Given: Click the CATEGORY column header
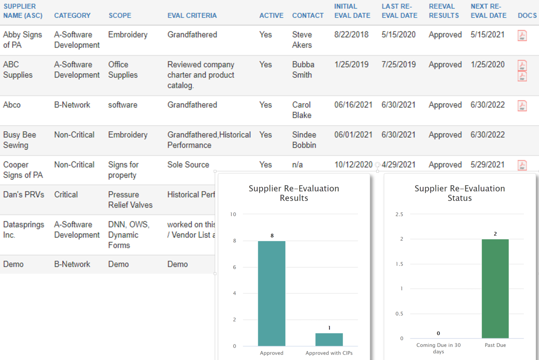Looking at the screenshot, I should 72,15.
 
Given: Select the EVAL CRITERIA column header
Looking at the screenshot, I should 192,15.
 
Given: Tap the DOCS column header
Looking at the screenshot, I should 527,15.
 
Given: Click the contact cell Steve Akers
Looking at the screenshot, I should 302,40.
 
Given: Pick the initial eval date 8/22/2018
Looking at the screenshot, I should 351,35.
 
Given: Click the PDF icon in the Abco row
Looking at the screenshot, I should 523,106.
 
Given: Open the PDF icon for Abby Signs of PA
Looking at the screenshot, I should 523,36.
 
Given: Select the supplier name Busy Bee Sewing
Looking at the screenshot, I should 19,140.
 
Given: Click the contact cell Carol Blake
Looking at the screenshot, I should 302,110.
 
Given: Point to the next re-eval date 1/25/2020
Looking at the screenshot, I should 487,65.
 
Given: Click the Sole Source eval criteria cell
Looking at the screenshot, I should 188,165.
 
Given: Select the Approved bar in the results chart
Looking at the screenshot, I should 271,293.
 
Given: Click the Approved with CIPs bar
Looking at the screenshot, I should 329,339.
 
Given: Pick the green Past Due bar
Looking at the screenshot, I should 495,289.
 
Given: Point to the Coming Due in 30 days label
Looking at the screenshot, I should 438,348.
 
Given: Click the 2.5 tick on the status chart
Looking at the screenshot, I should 399,214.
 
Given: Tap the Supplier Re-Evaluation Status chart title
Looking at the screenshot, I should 460,193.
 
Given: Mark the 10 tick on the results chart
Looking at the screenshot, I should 233,214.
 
